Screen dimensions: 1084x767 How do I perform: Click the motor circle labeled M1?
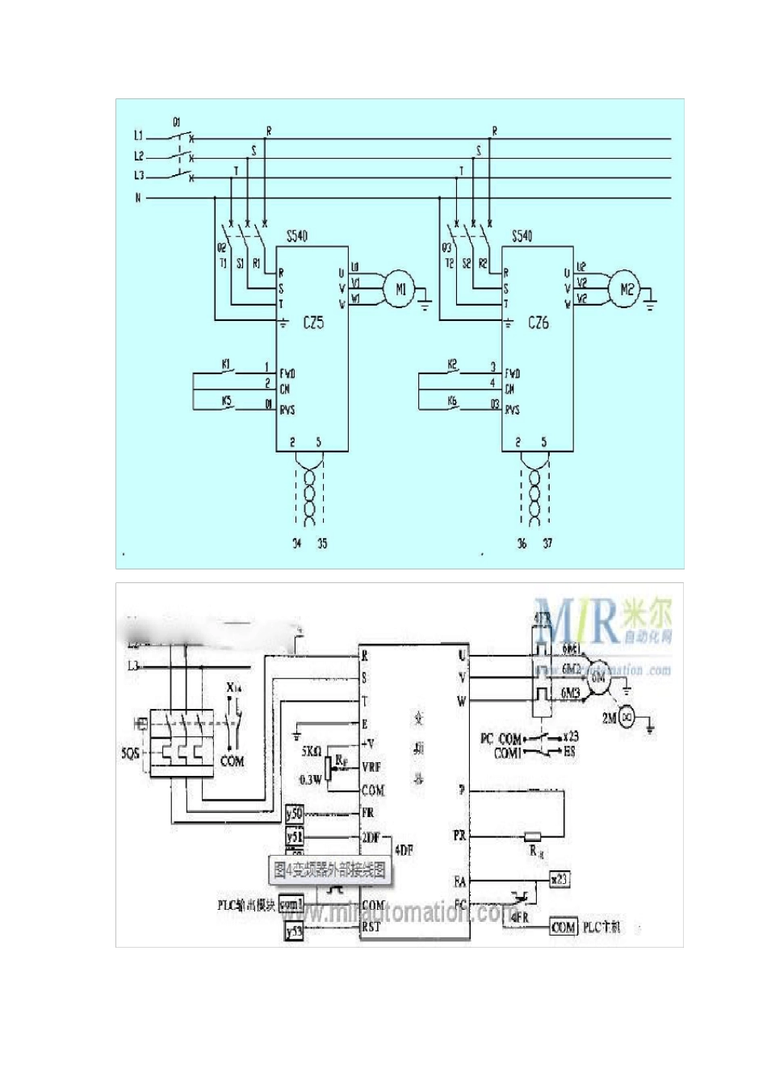(x=400, y=289)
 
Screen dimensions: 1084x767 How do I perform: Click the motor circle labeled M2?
(x=627, y=289)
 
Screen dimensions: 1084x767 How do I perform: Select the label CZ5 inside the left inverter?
(x=313, y=323)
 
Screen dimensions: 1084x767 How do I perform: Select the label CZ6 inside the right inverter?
(x=539, y=323)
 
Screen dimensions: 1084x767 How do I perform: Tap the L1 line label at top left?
(x=138, y=135)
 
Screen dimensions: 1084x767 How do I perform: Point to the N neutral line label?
(x=138, y=198)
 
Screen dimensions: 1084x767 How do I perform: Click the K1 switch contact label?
(x=227, y=365)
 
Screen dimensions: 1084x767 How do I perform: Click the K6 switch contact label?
(x=452, y=401)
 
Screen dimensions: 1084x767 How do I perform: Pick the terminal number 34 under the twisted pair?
(x=296, y=544)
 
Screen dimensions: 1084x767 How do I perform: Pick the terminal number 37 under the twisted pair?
(x=547, y=544)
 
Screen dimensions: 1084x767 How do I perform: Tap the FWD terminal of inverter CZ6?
(x=513, y=373)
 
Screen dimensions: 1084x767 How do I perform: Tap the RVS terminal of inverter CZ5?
(x=287, y=410)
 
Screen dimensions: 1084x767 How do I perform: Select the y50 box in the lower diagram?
(x=295, y=814)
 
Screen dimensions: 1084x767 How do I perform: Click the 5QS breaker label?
(x=130, y=753)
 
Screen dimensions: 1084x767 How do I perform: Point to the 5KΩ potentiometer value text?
(x=312, y=750)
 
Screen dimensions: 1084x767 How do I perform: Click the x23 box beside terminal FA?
(x=559, y=879)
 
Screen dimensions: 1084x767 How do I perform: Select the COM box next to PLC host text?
(x=564, y=928)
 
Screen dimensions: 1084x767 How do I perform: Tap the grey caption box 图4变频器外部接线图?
(x=329, y=870)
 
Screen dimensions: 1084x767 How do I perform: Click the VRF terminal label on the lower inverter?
(x=372, y=767)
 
